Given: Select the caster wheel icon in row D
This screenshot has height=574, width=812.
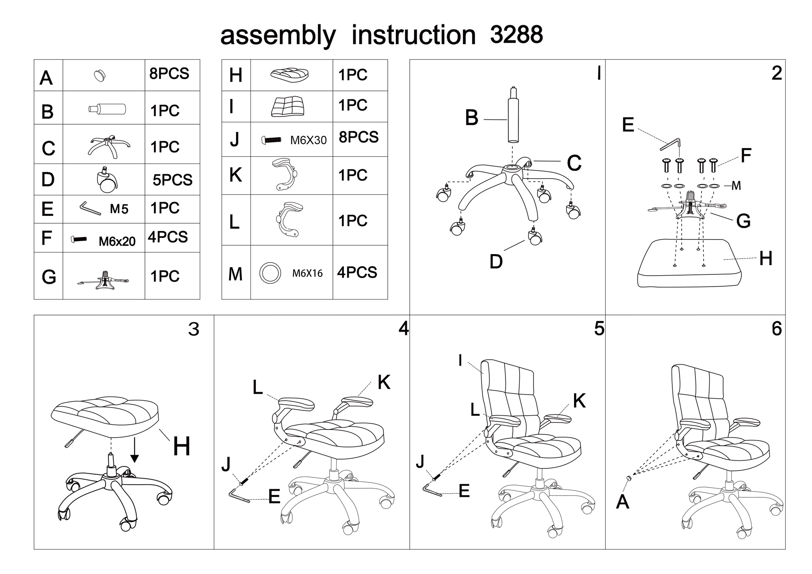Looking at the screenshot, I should point(107,179).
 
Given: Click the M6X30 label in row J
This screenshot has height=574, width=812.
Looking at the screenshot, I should point(308,140).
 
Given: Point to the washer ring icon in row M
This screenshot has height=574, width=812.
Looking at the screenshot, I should point(270,272).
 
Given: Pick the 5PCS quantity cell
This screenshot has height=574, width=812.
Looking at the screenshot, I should point(173,180).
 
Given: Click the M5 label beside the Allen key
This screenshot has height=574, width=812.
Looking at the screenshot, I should point(119,209).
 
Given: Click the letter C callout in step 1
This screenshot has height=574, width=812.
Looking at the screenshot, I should point(574,163).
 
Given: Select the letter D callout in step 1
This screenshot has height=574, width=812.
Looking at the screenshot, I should point(496,262).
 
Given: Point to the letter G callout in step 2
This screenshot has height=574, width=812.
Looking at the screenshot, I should point(743,221).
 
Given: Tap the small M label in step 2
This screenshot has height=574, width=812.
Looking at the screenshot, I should point(736,186).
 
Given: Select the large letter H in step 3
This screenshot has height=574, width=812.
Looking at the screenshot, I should point(181,447).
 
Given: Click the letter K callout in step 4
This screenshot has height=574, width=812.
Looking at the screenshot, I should point(384,382).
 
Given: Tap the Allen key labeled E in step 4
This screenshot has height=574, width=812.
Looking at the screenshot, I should point(239,496).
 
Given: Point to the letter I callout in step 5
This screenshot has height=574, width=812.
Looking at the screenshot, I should point(460,360).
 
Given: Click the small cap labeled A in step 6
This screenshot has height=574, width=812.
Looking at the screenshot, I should point(629,478).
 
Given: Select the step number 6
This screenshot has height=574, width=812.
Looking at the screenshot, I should point(776,329).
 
